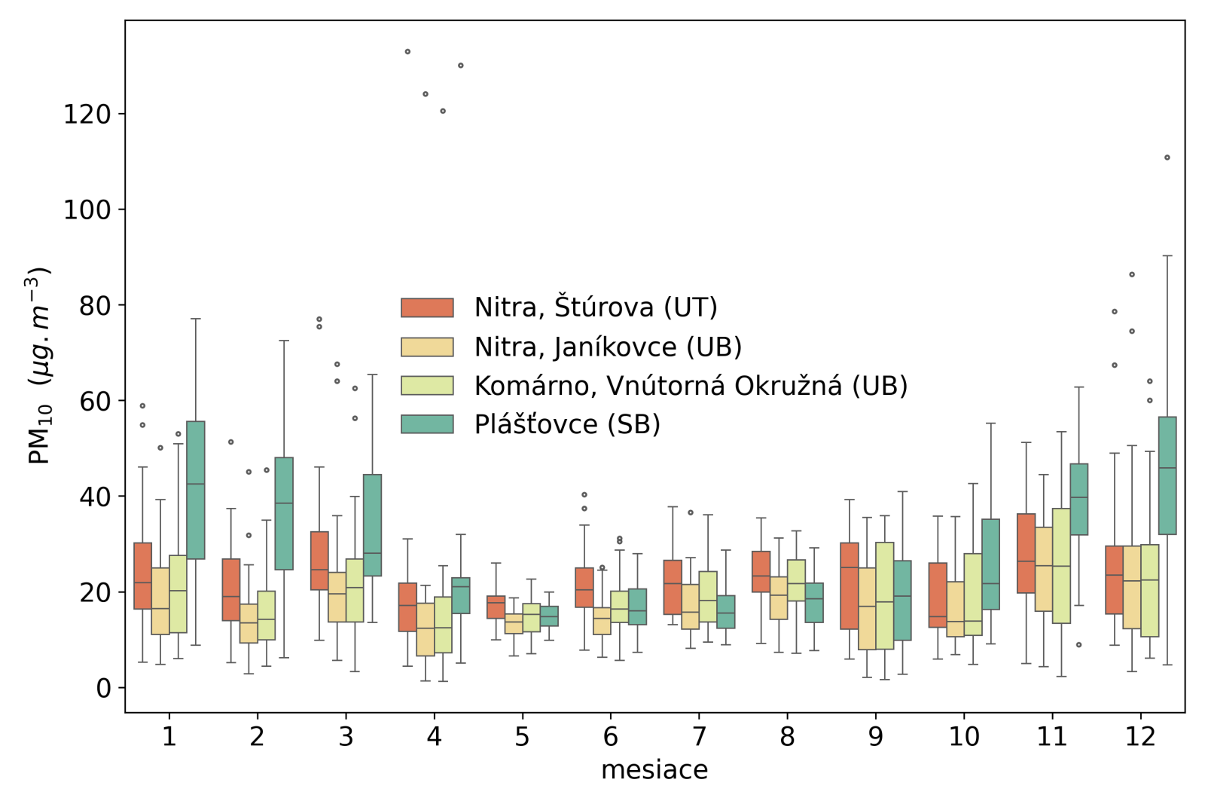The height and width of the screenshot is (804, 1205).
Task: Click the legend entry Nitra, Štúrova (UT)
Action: [595, 307]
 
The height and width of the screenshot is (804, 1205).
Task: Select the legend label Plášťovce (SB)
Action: [566, 424]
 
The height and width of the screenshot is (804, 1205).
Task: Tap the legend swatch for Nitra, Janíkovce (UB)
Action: [427, 347]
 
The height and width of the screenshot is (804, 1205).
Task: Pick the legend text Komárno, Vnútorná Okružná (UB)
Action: [690, 386]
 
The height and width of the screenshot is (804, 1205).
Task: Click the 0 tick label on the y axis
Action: [103, 688]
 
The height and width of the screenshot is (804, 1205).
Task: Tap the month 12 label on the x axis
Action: [1139, 735]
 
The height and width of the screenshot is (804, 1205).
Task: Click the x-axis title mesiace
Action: [654, 770]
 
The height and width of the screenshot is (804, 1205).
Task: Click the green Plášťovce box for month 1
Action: [196, 490]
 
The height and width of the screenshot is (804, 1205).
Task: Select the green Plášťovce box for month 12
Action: [1167, 475]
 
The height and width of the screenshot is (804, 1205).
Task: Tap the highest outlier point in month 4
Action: [407, 52]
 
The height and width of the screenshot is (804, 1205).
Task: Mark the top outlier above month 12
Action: [1167, 157]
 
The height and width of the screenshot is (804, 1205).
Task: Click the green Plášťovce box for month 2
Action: [284, 513]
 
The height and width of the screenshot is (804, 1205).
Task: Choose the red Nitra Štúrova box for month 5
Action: [496, 607]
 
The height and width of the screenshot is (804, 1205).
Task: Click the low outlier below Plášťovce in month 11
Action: [1078, 645]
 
